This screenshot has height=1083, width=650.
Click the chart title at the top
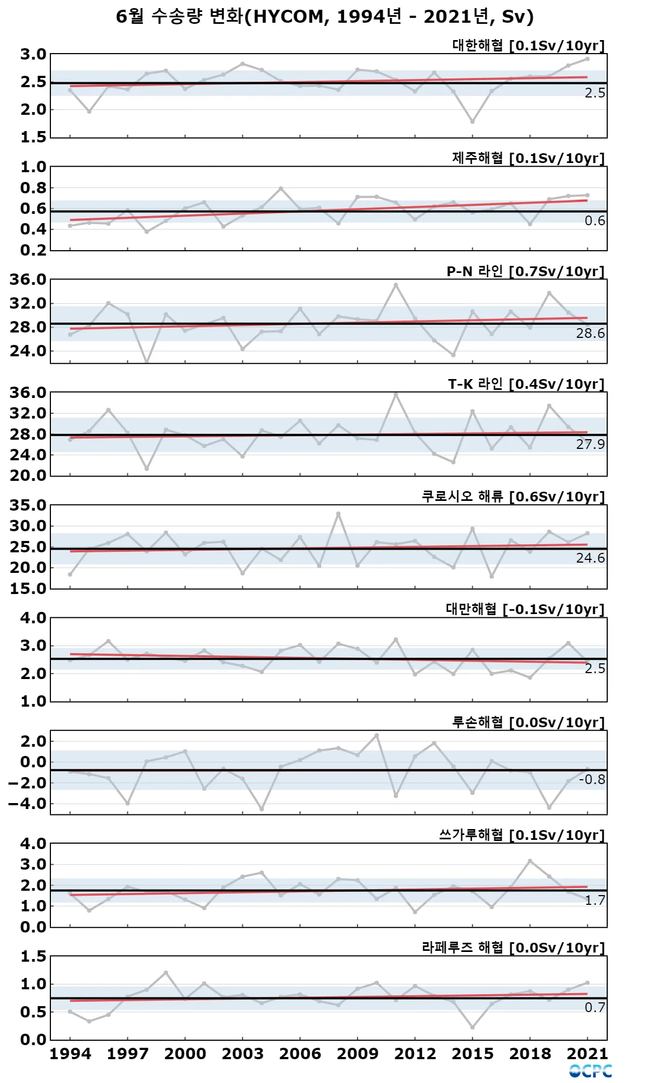325,17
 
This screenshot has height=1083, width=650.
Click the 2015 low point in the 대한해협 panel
472,121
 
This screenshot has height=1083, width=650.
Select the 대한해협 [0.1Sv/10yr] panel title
528,45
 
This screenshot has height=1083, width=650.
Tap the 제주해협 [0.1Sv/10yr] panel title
528,158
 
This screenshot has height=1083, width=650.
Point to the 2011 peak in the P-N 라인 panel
396,285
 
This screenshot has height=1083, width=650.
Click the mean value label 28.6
590,334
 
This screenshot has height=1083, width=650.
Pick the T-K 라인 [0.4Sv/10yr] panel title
526,384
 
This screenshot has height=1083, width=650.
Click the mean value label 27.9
590,445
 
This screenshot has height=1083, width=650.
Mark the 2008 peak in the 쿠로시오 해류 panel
339,513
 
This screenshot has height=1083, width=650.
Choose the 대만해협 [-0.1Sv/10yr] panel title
525,609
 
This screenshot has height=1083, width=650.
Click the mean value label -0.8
591,780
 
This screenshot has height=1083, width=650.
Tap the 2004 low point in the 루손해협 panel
262,809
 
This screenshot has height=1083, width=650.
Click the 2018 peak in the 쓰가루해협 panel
530,861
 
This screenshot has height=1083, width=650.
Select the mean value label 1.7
594,901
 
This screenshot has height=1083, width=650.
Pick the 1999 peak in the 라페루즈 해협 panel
166,973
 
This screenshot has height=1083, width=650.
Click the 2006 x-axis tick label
300,1054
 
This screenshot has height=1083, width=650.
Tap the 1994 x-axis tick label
70,1054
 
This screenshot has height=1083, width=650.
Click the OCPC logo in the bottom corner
590,1071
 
